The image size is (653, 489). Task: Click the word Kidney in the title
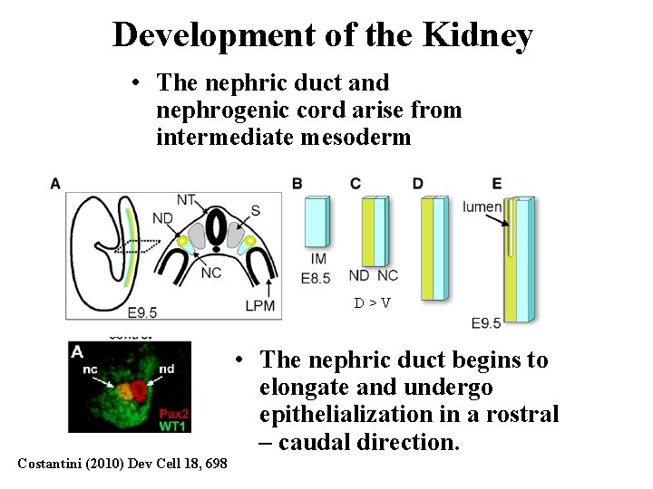click(477, 35)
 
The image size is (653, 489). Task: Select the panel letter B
click(297, 184)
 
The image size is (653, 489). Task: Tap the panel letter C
click(356, 184)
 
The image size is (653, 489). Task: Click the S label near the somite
click(255, 210)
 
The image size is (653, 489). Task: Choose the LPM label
click(260, 306)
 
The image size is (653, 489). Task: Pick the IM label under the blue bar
click(318, 259)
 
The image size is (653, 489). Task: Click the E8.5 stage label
click(317, 278)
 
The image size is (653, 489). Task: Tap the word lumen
click(482, 206)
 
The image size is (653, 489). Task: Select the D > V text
click(373, 302)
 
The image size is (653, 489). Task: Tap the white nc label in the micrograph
click(90, 369)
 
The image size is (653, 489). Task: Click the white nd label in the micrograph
click(165, 369)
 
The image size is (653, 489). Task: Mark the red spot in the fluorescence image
click(139, 390)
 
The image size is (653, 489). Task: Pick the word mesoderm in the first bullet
click(360, 138)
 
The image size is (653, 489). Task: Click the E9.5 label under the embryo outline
click(142, 312)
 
